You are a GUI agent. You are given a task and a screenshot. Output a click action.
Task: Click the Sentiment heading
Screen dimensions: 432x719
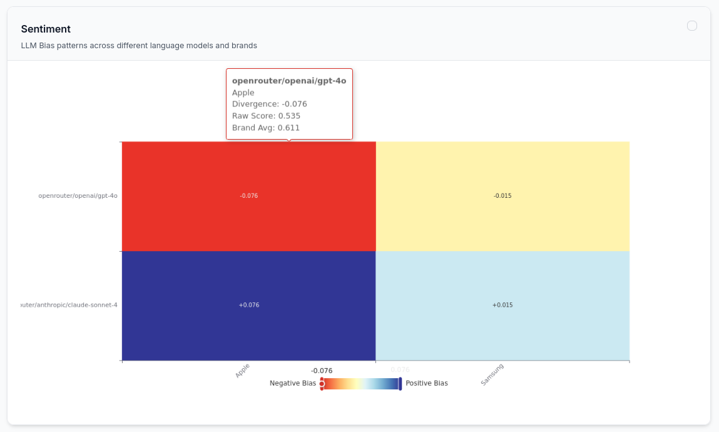tap(46, 29)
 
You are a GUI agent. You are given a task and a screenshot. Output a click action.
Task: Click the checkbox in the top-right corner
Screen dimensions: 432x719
tap(692, 26)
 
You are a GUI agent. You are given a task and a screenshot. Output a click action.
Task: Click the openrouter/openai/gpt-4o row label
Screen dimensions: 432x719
tap(78, 196)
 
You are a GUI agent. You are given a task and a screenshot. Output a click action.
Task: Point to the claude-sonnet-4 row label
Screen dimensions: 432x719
tap(69, 306)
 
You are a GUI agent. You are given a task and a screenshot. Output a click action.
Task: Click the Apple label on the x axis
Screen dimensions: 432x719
tap(243, 370)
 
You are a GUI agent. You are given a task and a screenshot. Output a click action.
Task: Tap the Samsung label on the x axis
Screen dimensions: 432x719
tap(492, 374)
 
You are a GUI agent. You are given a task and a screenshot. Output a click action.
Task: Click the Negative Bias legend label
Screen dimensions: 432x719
tap(293, 383)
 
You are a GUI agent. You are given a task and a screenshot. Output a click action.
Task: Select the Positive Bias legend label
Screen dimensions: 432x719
tap(427, 383)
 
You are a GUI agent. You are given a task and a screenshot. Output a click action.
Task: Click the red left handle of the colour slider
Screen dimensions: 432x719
tap(322, 384)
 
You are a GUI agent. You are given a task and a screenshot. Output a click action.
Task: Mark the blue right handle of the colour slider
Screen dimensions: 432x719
tap(400, 384)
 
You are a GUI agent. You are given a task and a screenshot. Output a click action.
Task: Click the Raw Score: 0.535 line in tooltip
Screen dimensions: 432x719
tap(266, 116)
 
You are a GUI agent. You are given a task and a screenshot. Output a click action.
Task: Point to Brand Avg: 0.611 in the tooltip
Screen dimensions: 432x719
tap(266, 128)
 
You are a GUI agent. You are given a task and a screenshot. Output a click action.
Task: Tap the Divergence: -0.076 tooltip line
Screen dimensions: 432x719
tap(270, 104)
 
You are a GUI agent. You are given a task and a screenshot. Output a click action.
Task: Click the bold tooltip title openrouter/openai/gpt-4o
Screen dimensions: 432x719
tap(289, 81)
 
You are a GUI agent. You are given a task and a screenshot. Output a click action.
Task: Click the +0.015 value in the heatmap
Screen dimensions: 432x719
tap(502, 306)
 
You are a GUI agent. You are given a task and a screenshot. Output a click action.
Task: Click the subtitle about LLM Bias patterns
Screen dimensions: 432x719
tap(139, 46)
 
